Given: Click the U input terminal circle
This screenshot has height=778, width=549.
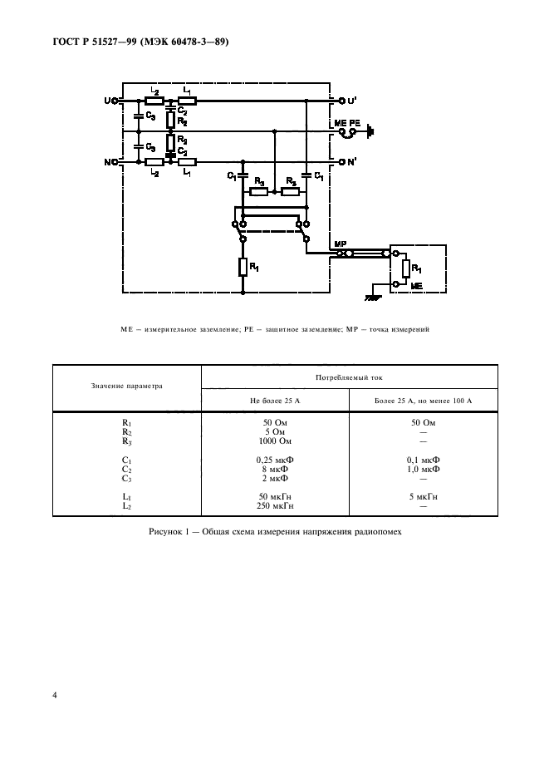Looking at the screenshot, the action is [115, 101].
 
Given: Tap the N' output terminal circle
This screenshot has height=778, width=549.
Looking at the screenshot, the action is [341, 162].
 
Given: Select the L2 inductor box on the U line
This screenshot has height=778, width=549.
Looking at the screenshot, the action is [154, 101].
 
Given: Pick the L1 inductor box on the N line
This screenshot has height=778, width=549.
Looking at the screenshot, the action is [187, 162].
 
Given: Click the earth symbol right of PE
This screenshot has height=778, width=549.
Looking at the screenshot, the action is [370, 132].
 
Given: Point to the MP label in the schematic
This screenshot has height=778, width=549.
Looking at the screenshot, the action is [341, 244].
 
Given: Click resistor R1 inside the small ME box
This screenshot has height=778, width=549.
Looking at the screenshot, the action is [406, 269].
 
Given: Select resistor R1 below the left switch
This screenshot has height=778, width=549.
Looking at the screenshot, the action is [243, 267].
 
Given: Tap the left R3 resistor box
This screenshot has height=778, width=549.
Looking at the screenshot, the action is [258, 192].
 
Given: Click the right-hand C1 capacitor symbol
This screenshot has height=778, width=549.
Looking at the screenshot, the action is [306, 175].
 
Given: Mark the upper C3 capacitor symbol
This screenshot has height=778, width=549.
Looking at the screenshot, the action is [139, 116].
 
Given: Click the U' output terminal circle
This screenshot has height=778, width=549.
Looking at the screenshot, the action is [341, 101].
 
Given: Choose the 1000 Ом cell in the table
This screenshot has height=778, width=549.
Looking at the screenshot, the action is [275, 441].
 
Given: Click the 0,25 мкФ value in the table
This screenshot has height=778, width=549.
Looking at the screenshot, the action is [275, 460].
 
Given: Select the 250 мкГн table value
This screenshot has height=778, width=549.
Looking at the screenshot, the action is [275, 505].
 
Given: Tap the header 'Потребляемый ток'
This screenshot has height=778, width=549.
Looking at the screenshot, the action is [349, 377].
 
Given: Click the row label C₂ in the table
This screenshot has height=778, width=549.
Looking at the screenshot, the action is [126, 470].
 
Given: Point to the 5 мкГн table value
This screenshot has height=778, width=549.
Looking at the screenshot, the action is [423, 497].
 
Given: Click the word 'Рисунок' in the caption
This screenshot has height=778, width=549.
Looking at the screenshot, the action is [164, 532].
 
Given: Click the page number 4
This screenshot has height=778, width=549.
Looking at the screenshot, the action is [55, 695].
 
